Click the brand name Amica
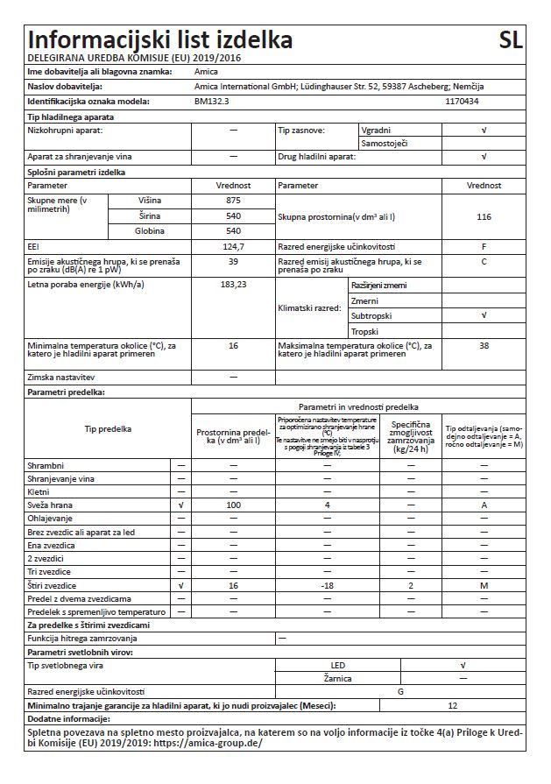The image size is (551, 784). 206,71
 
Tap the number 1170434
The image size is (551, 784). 463,102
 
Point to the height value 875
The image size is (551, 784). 233,201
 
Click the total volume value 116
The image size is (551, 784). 484,215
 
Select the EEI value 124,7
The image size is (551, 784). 233,246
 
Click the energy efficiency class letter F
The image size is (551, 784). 484,246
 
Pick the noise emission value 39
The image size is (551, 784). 233,261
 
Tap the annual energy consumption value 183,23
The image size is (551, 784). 233,285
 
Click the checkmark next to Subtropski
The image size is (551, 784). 484,315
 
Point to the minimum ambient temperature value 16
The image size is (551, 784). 233,346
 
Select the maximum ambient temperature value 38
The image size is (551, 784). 484,346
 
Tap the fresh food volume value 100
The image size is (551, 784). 233,506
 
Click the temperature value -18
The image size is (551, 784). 327,583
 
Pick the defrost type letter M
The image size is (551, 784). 484,583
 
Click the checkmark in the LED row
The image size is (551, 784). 463,666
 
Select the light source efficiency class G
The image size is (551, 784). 399,692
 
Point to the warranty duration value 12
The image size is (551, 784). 452,705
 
